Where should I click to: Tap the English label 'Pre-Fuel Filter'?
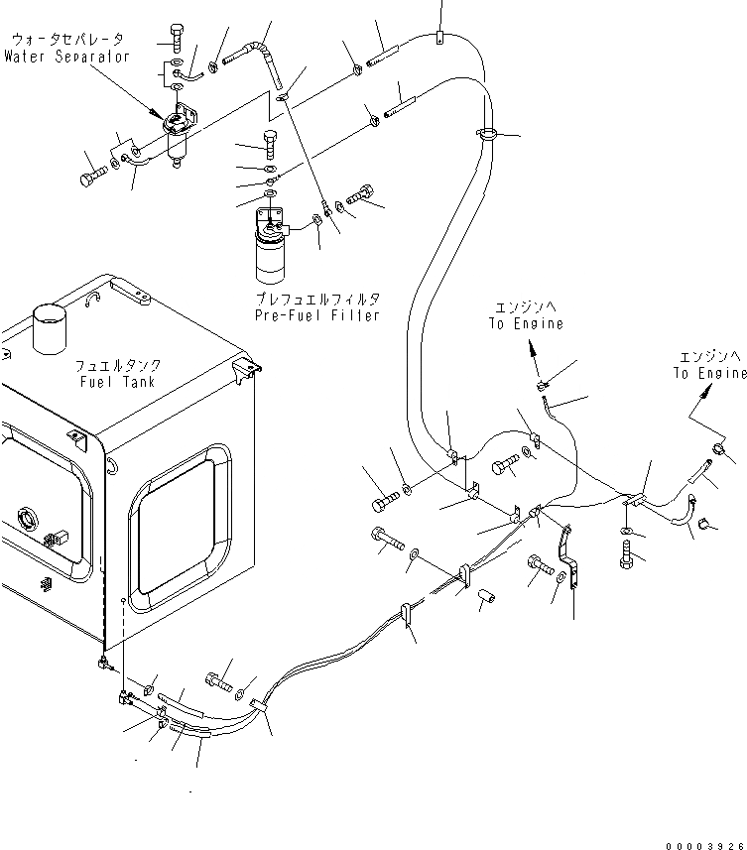[316, 315]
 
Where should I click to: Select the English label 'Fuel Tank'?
[116, 382]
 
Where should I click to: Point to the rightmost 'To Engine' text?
[709, 373]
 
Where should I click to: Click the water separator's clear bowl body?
[179, 151]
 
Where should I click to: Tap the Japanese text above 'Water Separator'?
[67, 41]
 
